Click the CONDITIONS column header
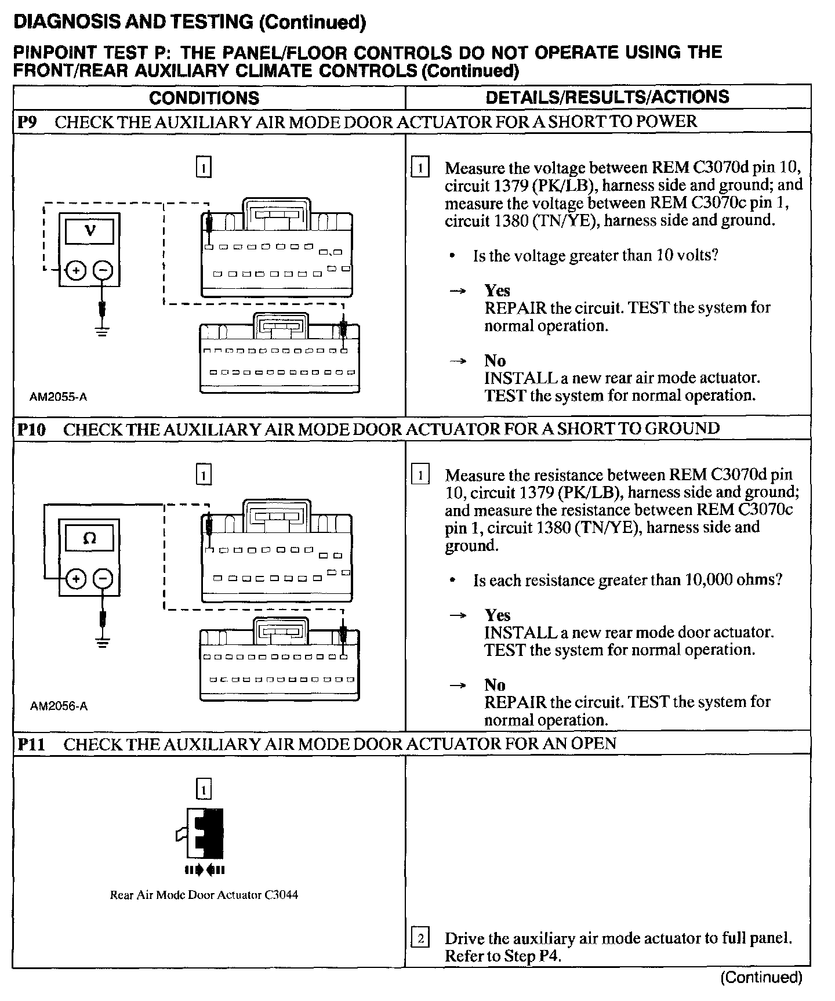point(204,97)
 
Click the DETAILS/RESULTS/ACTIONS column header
point(607,97)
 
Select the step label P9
point(27,122)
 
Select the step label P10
point(31,429)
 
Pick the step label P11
point(31,744)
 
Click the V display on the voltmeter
point(90,231)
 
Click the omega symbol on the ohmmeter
point(90,538)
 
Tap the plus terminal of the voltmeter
point(76,270)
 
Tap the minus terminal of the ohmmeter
point(103,578)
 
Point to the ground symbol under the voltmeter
point(103,332)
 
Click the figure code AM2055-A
point(59,397)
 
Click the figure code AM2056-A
point(59,706)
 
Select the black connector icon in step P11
point(204,833)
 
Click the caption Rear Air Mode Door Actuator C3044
point(204,895)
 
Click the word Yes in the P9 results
point(498,291)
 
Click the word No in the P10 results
point(495,685)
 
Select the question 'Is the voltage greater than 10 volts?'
point(596,256)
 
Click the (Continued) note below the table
point(761,978)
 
